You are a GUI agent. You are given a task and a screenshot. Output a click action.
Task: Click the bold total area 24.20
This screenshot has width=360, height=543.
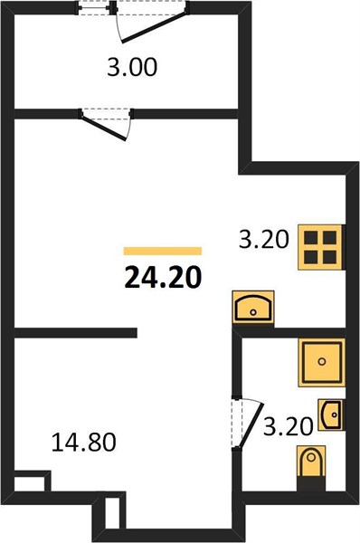click(163, 278)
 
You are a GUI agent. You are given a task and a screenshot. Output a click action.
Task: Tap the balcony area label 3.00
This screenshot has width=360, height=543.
click(132, 67)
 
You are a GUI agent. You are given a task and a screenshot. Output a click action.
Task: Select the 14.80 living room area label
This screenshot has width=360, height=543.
click(83, 443)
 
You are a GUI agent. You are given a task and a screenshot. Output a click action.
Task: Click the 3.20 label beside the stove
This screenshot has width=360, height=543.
click(264, 239)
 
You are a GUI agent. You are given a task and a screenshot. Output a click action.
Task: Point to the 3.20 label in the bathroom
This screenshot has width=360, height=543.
click(288, 426)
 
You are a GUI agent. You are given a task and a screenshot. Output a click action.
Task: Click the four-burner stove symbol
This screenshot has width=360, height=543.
click(321, 247)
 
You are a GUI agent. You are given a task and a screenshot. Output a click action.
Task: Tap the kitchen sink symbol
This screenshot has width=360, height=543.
click(253, 307)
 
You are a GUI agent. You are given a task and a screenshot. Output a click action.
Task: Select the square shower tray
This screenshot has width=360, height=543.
click(322, 363)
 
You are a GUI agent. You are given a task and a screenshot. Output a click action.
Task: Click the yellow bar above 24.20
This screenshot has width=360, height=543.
click(163, 251)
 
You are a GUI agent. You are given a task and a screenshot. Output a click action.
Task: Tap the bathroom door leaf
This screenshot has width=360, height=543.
click(251, 426)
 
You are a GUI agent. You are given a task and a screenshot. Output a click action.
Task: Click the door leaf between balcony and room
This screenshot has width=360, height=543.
click(103, 129)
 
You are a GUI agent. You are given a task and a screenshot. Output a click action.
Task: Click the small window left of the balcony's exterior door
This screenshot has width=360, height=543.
click(94, 7)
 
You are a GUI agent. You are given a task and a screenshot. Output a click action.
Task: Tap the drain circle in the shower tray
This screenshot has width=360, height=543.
click(322, 362)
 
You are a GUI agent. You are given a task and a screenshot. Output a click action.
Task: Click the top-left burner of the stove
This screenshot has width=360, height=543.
click(311, 237)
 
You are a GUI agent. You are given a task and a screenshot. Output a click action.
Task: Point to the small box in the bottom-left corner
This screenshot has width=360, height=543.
click(30, 481)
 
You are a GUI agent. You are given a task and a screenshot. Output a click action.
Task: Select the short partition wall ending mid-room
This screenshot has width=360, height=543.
click(76, 333)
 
